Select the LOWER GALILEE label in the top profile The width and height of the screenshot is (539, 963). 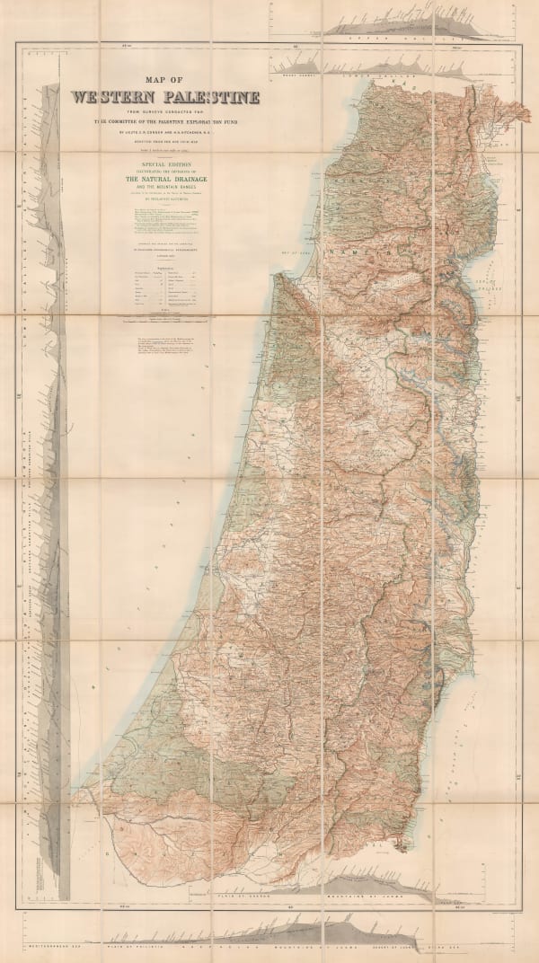[377, 77]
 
